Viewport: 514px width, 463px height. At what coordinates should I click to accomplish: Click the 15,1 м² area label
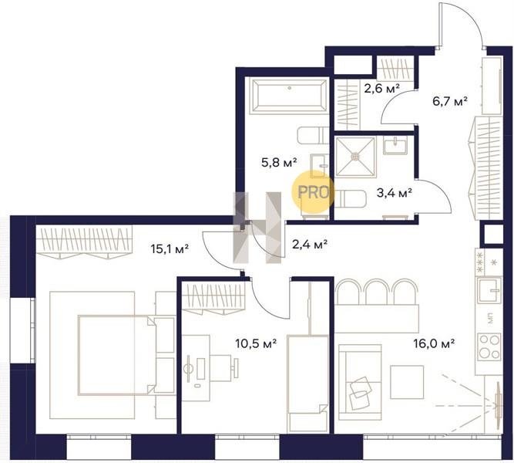(170, 248)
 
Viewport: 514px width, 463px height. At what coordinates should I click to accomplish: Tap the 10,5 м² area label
(256, 343)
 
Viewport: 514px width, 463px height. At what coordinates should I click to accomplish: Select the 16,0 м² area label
(434, 343)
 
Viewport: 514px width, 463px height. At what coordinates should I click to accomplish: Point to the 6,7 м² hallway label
(450, 101)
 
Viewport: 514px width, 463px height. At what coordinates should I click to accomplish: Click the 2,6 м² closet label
(382, 88)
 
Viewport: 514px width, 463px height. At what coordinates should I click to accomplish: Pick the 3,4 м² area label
(395, 193)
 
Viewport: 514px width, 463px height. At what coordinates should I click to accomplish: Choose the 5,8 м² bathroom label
(279, 162)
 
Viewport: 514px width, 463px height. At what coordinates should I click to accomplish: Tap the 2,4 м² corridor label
(310, 245)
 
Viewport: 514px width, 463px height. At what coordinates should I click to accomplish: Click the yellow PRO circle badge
(313, 192)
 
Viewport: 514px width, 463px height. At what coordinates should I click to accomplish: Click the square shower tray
(354, 157)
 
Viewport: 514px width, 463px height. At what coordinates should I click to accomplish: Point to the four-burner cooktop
(489, 346)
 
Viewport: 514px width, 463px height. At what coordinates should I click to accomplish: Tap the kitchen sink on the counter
(489, 290)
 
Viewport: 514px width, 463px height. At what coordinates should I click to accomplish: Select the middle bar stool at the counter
(378, 292)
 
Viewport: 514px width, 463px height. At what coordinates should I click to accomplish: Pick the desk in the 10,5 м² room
(196, 368)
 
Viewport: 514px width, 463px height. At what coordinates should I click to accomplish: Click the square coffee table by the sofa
(407, 382)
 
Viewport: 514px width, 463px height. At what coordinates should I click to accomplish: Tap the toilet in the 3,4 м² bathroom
(350, 199)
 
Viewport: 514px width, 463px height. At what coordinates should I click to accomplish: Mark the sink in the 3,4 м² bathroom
(395, 146)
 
